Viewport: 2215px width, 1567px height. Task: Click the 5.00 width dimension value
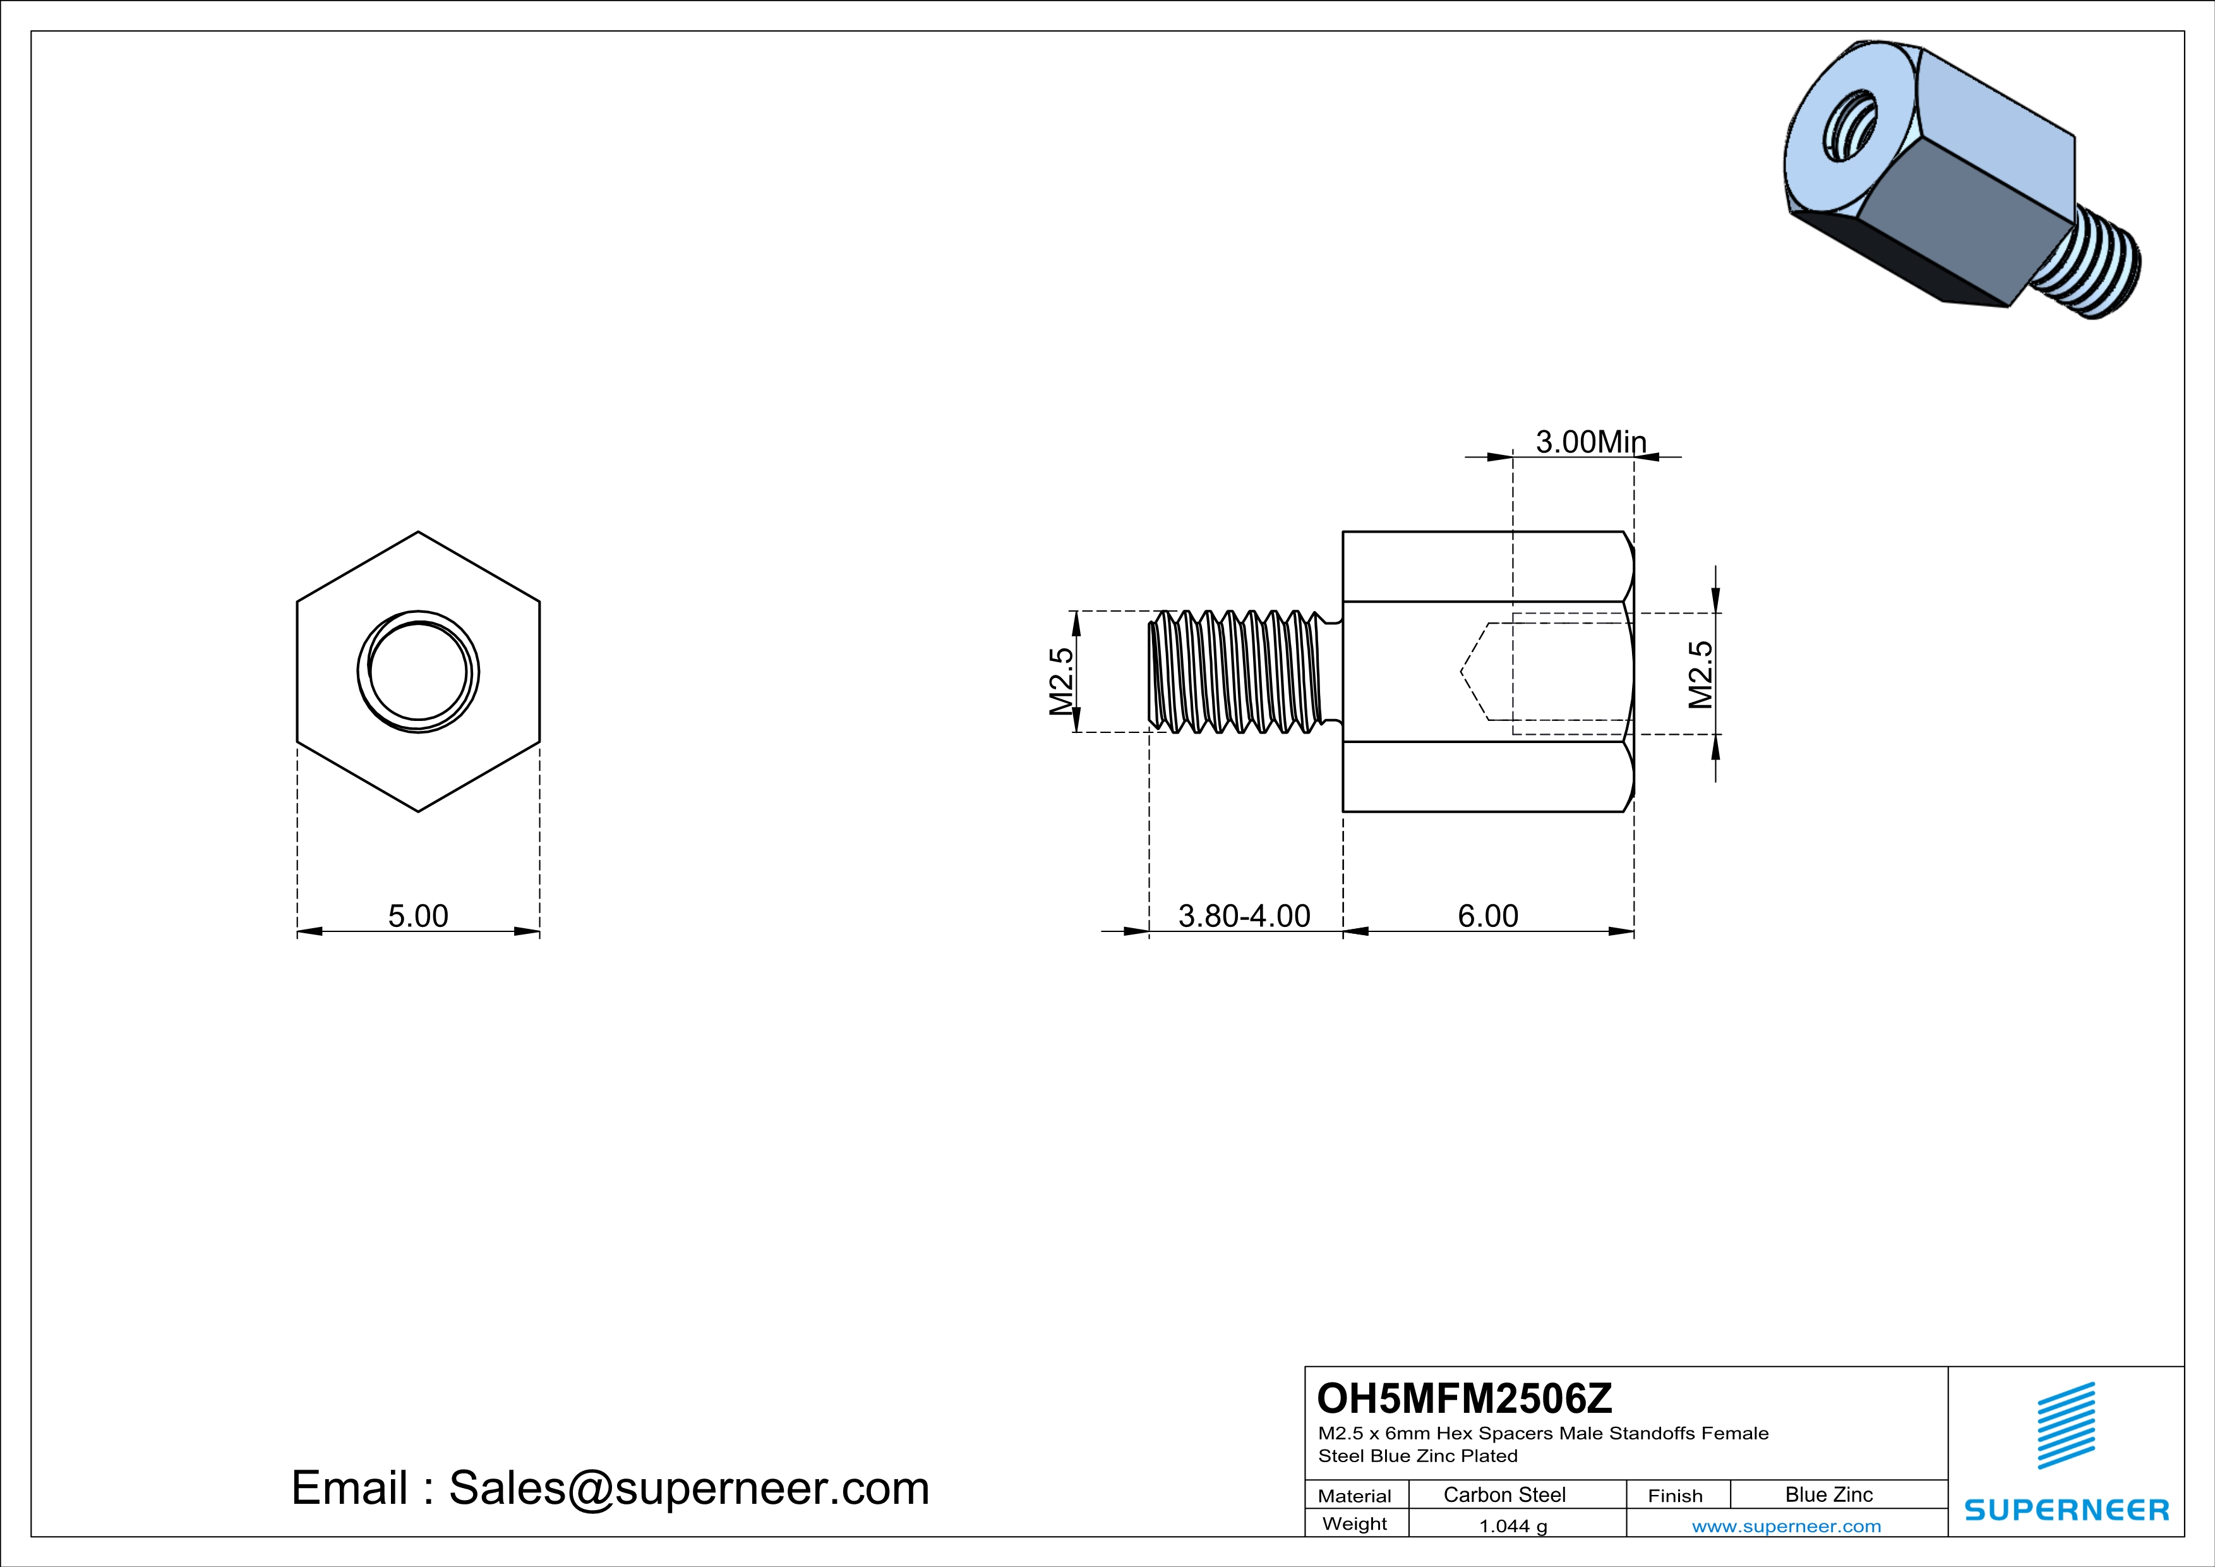(417, 916)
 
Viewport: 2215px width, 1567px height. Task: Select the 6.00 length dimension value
(1487, 916)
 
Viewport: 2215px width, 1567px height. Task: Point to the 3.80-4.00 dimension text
(1244, 916)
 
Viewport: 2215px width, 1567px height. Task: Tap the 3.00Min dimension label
(1591, 442)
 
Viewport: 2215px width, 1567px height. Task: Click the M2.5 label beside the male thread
(1061, 681)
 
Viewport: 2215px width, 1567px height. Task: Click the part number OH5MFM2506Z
(1465, 1398)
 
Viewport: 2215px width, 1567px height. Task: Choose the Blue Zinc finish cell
(1829, 1494)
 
